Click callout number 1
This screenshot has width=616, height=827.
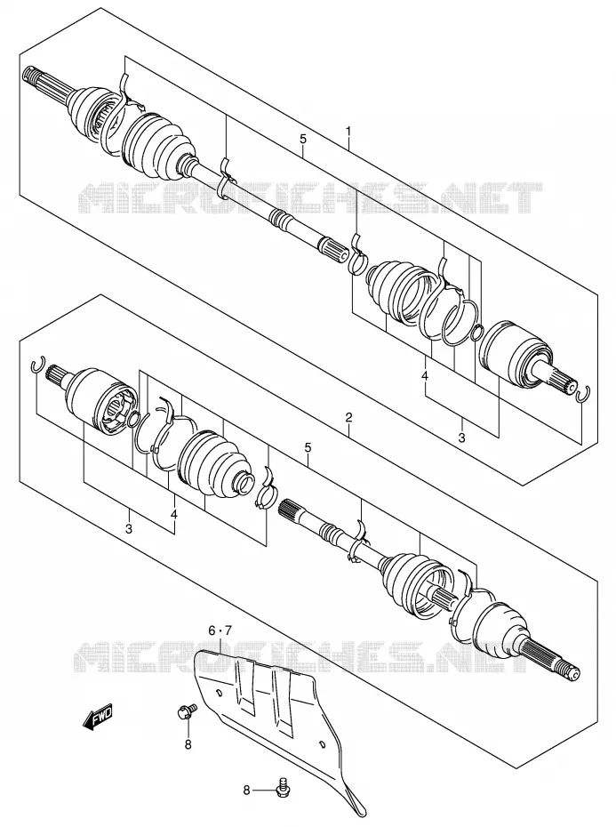tap(348, 130)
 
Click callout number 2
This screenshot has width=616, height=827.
tap(348, 418)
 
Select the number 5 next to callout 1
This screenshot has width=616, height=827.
tap(303, 140)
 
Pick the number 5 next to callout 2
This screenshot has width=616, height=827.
tap(308, 448)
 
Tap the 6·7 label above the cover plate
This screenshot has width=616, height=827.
tap(220, 630)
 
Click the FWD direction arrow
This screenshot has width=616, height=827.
tap(98, 717)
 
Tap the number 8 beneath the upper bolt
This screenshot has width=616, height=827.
tap(188, 744)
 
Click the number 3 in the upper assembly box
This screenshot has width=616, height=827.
tap(461, 438)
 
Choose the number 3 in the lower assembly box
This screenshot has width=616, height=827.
tap(129, 529)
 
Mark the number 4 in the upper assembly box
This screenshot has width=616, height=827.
tap(425, 376)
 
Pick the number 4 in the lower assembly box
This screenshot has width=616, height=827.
tap(174, 514)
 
